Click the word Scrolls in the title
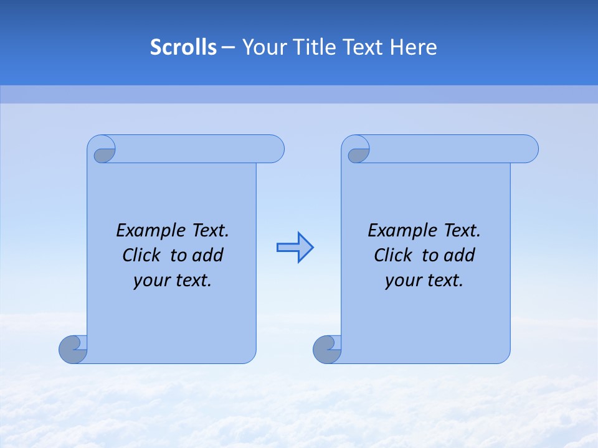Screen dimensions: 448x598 pos(183,47)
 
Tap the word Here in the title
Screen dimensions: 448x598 pos(414,47)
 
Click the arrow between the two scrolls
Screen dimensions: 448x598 pos(295,248)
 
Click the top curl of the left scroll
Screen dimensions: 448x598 pos(103,152)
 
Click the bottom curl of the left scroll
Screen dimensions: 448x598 pos(74,349)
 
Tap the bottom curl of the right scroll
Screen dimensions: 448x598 pos(328,349)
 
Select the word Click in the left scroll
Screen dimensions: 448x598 pos(141,255)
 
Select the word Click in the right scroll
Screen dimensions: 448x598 pos(393,255)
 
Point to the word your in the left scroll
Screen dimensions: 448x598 pos(151,281)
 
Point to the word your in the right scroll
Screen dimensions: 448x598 pos(402,281)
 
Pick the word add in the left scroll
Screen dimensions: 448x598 pos(207,255)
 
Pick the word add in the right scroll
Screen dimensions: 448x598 pos(458,255)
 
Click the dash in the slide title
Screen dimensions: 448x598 pos(228,47)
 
